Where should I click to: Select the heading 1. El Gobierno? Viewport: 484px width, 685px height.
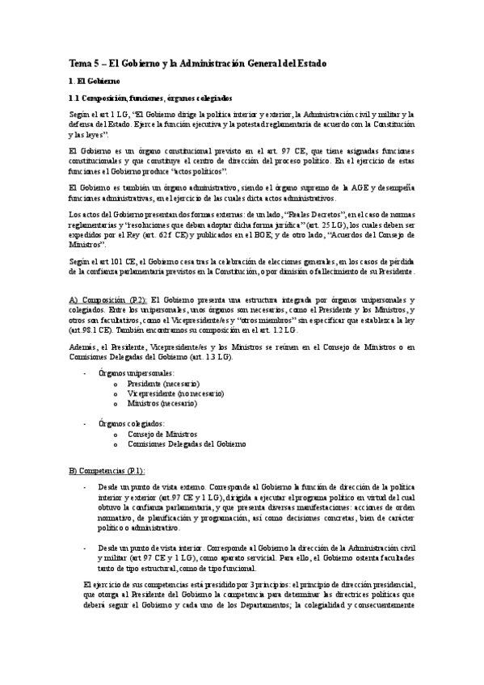[x=95, y=82]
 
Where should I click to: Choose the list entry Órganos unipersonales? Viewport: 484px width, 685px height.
[x=135, y=372]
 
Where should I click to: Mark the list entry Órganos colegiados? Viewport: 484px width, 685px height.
[x=131, y=423]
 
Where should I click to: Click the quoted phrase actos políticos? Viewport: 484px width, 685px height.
[x=201, y=172]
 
